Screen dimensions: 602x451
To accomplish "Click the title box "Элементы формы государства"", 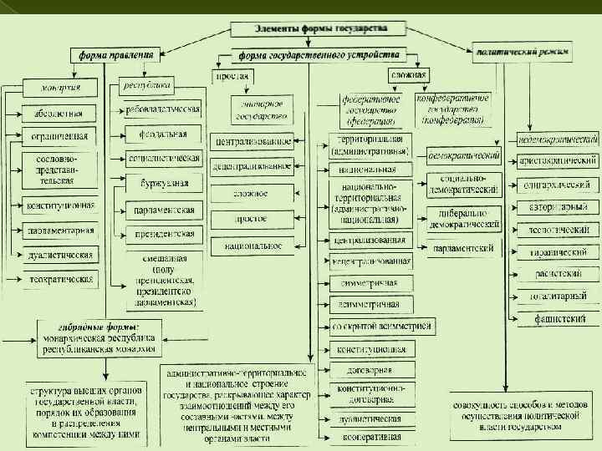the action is [x=322, y=28].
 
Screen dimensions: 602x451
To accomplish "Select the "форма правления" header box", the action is [x=115, y=55].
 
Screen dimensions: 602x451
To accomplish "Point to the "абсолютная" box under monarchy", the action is [x=59, y=113].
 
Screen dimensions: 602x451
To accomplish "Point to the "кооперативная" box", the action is [x=370, y=438].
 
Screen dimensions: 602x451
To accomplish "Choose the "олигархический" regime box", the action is [x=559, y=183].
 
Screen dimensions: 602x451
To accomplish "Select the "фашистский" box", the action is [x=559, y=318].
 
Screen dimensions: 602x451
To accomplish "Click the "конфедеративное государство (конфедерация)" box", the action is [x=452, y=109].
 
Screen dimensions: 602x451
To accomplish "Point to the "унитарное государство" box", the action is [x=261, y=109].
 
